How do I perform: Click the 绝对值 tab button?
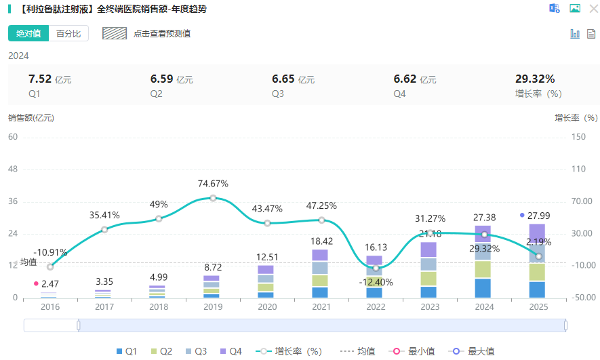point(28,33)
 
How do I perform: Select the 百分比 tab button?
point(68,33)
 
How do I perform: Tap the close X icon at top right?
point(593,9)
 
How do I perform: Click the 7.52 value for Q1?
point(39,79)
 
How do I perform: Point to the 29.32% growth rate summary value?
point(535,79)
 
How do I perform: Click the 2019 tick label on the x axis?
point(212,306)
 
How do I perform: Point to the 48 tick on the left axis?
point(14,169)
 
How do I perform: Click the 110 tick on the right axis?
point(578,169)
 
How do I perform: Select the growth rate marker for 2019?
point(213,198)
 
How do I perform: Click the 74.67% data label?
point(213,184)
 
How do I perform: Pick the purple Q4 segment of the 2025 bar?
point(537,231)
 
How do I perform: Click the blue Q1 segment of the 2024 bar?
point(483,287)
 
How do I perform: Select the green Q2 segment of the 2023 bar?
point(428,278)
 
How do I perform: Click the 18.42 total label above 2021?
point(321,241)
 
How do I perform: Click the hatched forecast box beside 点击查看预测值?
point(115,33)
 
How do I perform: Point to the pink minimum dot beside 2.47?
point(36,283)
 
